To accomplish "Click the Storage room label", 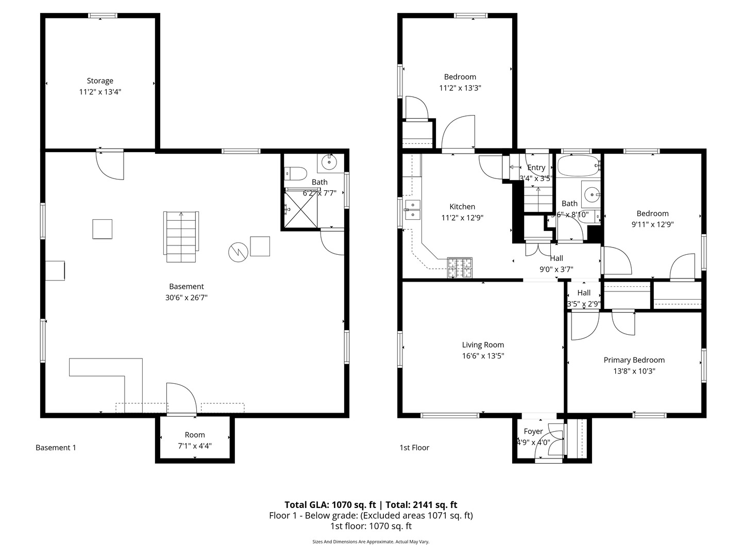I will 100,81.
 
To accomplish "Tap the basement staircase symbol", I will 181,237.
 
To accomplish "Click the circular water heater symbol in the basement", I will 238,252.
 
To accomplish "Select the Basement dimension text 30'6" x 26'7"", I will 186,298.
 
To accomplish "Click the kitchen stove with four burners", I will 460,267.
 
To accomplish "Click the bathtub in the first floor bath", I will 579,166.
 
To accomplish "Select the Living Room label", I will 483,345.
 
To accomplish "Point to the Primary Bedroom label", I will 634,360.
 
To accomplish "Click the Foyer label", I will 533,431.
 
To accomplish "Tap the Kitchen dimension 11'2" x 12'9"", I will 462,218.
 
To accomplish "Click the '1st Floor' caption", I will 414,448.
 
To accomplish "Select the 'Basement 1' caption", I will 56,448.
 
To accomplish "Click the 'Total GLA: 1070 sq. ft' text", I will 330,505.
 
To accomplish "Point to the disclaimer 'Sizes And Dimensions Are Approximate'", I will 370,542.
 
